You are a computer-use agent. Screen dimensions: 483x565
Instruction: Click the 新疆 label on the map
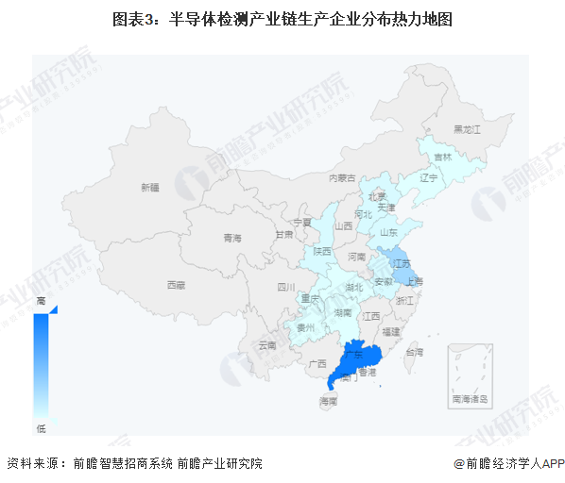(x=151, y=187)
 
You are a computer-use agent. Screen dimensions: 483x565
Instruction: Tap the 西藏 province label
(x=176, y=285)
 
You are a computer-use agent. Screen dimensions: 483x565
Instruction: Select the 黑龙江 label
(x=467, y=128)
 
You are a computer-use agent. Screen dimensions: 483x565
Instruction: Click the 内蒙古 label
(x=342, y=177)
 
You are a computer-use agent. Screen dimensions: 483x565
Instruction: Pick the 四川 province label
(x=286, y=287)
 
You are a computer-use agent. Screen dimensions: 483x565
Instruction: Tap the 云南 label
(x=267, y=345)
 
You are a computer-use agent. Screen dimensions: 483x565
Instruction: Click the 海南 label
(x=328, y=402)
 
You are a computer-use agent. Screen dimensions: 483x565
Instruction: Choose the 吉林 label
(x=442, y=158)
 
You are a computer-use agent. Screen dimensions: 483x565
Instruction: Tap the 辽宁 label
(x=429, y=177)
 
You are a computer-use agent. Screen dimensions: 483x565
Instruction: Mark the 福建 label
(x=392, y=331)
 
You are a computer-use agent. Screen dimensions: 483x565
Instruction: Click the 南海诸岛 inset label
(x=470, y=400)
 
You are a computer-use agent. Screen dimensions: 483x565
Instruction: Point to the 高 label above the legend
(x=41, y=299)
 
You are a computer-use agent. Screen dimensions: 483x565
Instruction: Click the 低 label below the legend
(x=41, y=429)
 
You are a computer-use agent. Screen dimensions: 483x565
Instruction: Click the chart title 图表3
(x=282, y=20)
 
